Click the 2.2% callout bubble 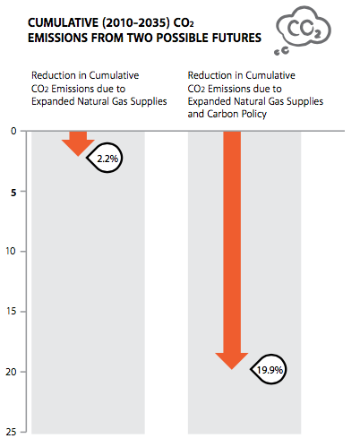click(106, 158)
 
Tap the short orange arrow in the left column click(78, 142)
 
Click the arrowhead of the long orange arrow click(232, 359)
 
